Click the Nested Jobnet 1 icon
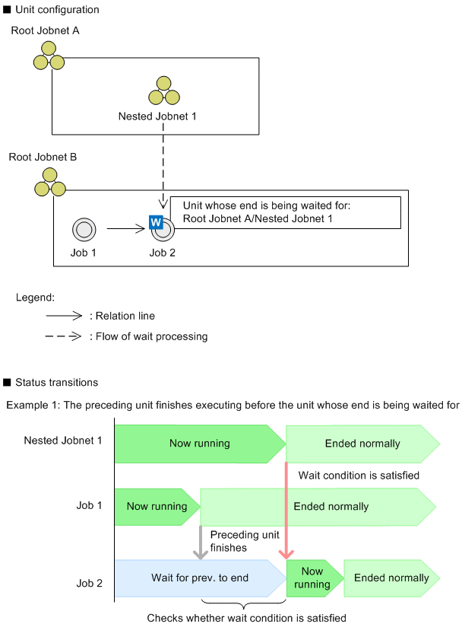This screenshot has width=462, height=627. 163,91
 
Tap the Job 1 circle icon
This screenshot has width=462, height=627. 83,228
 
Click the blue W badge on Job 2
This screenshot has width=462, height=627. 156,222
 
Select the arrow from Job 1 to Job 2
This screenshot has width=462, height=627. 125,228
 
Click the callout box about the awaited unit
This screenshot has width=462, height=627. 285,212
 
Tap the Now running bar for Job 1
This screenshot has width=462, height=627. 156,507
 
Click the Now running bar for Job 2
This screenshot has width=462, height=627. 312,578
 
